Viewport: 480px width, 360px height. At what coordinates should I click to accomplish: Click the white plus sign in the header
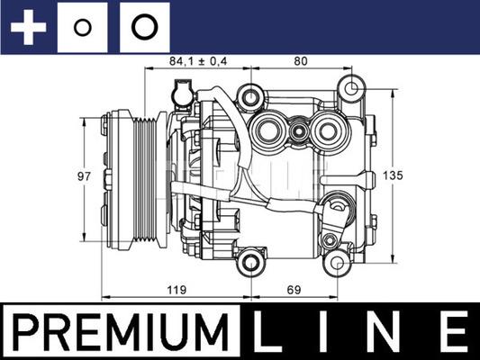point(28,26)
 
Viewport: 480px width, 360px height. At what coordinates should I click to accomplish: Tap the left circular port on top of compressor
point(269,131)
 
